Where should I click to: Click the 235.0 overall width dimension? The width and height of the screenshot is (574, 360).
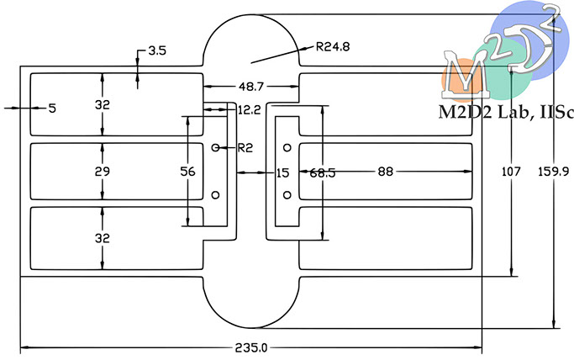click(x=251, y=347)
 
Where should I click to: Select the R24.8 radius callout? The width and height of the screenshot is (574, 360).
click(x=333, y=46)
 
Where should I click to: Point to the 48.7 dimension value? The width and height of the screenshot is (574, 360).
click(x=251, y=87)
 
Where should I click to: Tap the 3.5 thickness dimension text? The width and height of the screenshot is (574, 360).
click(x=157, y=50)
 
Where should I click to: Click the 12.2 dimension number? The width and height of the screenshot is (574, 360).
click(x=250, y=110)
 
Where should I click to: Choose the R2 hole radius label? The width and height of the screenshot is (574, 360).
click(x=245, y=148)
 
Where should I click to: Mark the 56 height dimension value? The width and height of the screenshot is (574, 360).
click(x=187, y=172)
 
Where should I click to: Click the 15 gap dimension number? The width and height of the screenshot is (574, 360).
click(x=282, y=173)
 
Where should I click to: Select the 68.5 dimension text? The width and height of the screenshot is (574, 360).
click(x=323, y=173)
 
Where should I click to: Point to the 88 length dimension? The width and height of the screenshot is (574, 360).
click(x=386, y=172)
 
